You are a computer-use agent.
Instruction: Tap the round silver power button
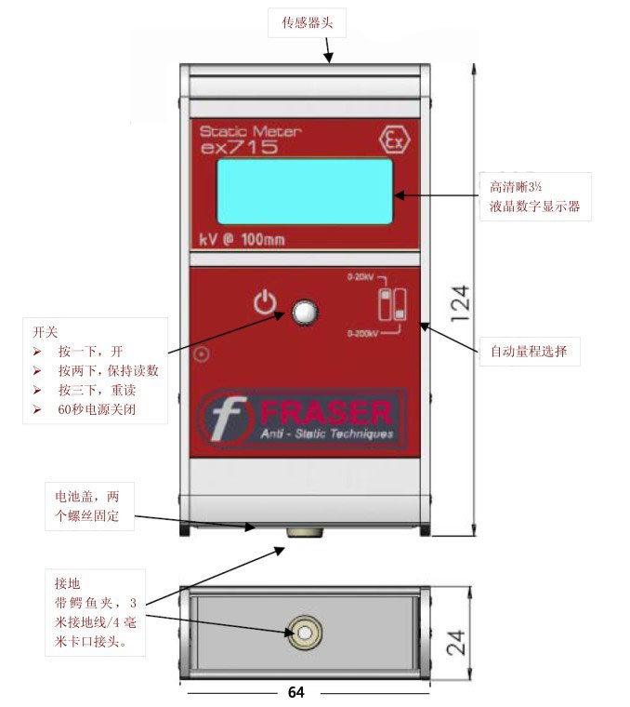304,313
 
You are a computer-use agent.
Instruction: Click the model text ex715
239,147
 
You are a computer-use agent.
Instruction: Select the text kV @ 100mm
243,239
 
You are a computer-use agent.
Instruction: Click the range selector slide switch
391,305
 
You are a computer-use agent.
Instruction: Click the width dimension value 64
295,693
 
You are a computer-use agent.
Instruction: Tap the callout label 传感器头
307,22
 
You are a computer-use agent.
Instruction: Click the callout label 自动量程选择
534,352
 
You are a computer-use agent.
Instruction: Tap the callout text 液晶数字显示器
534,207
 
